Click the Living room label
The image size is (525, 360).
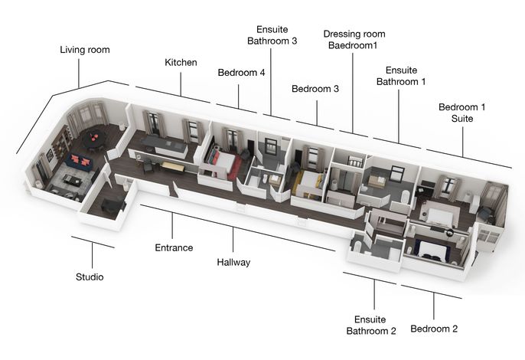(85, 50)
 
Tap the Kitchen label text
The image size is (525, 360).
(181, 62)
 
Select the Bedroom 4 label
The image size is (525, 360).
(241, 73)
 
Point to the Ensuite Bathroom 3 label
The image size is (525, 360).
(272, 35)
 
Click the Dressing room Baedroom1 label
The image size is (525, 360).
(354, 40)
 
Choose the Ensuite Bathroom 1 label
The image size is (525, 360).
(401, 76)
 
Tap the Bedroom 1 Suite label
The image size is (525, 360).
(461, 113)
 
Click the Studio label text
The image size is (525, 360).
(90, 277)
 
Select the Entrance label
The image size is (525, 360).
(174, 247)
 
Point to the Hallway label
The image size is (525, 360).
(233, 262)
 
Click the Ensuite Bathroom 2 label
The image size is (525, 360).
(371, 325)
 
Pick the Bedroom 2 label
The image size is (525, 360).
(434, 329)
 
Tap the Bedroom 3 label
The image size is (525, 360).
(315, 89)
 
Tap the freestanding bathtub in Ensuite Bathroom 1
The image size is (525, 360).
(405, 197)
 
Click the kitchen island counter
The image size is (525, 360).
(165, 146)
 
